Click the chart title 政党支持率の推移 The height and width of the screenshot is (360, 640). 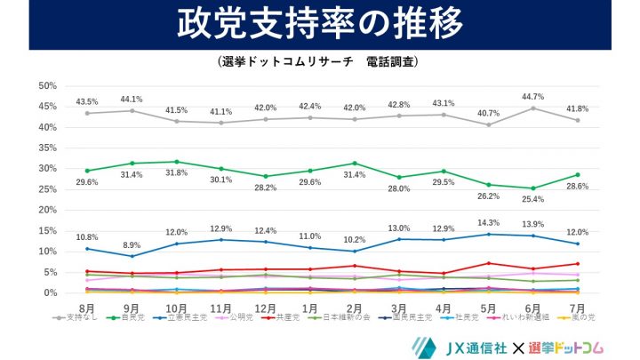[319, 24]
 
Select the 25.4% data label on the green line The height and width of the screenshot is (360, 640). [534, 199]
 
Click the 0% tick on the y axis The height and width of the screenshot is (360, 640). [49, 293]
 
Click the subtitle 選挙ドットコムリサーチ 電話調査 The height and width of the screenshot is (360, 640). [319, 64]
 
